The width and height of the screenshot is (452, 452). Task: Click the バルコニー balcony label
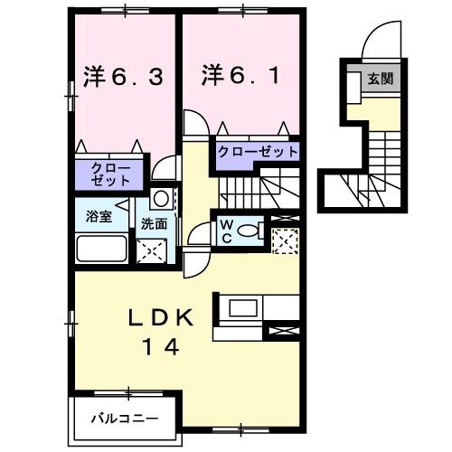click(126, 418)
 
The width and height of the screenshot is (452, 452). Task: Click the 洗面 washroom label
click(153, 223)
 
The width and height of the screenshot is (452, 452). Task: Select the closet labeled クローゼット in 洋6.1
click(256, 152)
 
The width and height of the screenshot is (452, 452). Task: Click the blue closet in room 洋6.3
click(109, 174)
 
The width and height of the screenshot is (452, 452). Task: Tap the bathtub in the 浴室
click(101, 249)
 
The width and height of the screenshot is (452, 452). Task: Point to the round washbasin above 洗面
click(161, 199)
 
